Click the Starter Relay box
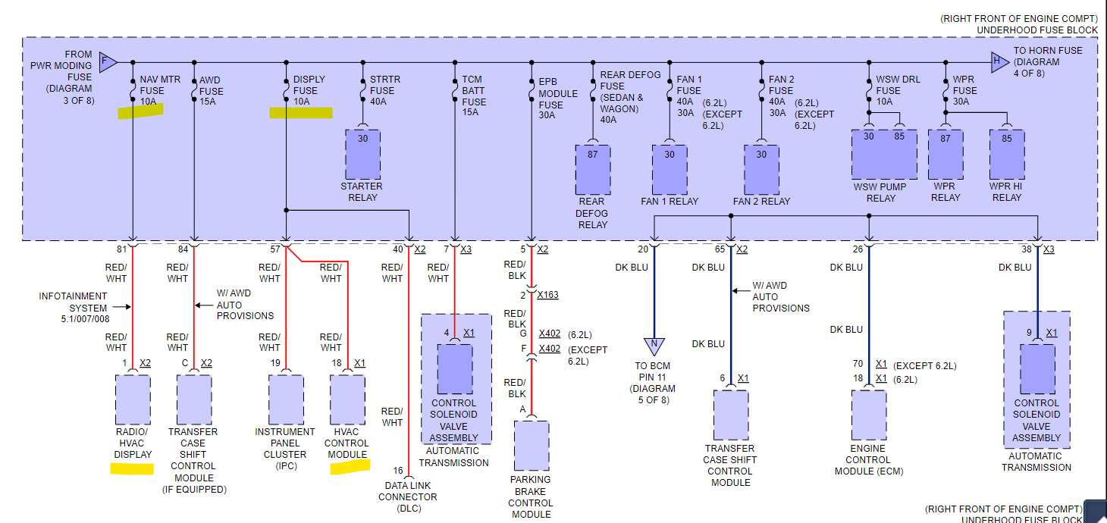point(362,154)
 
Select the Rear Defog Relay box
point(592,169)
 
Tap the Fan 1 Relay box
point(669,169)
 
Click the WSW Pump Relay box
point(884,155)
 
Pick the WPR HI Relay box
point(1006,155)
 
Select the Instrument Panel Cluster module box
point(286,399)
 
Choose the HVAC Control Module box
point(347,399)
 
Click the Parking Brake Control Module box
point(531,446)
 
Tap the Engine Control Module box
point(868,415)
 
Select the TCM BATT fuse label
point(474,96)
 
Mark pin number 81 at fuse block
point(121,249)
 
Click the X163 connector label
point(548,295)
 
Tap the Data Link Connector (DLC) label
point(408,496)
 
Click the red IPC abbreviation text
point(287,466)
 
